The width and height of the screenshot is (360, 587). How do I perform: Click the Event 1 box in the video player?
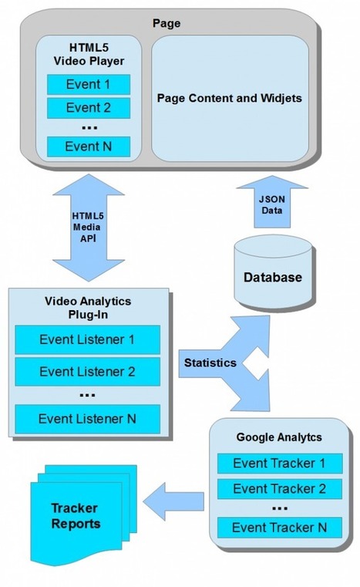point(88,83)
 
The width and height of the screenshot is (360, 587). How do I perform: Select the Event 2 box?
point(88,106)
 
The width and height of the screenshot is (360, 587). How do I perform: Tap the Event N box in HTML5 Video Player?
point(88,145)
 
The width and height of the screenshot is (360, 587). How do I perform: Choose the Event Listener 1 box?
point(87,339)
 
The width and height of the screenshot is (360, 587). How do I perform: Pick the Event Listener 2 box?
point(87,371)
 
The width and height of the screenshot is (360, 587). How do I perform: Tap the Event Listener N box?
point(87,419)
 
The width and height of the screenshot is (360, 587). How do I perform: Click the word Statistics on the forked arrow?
point(210,363)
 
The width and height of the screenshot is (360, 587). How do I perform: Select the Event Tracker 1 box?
point(279,464)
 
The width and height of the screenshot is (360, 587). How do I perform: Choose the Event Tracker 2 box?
point(279,488)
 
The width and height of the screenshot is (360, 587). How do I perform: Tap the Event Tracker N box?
point(279,528)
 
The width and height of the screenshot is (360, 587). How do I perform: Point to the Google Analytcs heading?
point(279,437)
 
